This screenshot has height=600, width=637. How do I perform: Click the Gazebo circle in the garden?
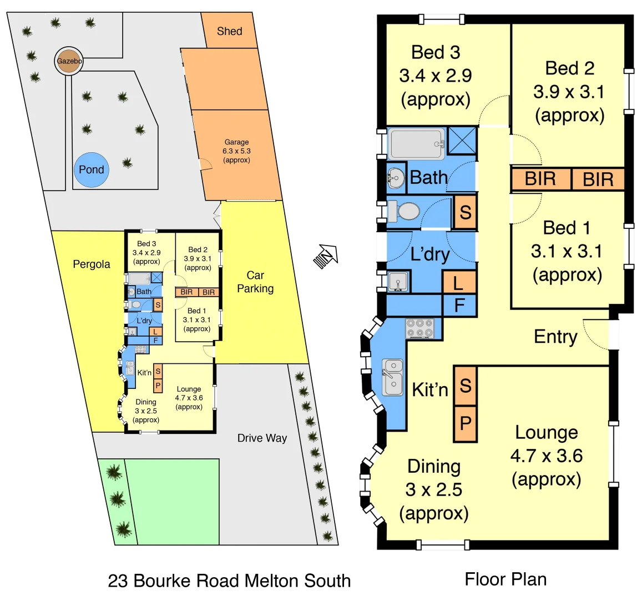68,61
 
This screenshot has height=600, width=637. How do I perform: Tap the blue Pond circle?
91,169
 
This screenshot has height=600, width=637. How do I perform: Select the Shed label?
229,31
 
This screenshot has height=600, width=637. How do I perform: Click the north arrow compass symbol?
326,257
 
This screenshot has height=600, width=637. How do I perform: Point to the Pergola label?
92,264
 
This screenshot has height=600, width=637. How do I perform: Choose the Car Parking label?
255,282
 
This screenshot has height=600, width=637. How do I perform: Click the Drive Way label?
262,438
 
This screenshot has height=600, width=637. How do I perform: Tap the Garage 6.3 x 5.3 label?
236,151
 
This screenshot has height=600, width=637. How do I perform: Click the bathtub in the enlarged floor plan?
416,144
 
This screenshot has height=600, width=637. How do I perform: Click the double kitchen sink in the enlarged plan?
393,376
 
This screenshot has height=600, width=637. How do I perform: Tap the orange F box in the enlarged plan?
459,306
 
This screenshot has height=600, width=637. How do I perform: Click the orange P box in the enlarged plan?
465,424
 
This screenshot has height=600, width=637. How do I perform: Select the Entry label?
555,336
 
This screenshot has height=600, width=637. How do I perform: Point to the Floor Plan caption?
505,579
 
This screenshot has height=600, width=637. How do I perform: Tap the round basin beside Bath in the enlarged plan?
396,178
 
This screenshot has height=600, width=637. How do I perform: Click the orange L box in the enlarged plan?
459,283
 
